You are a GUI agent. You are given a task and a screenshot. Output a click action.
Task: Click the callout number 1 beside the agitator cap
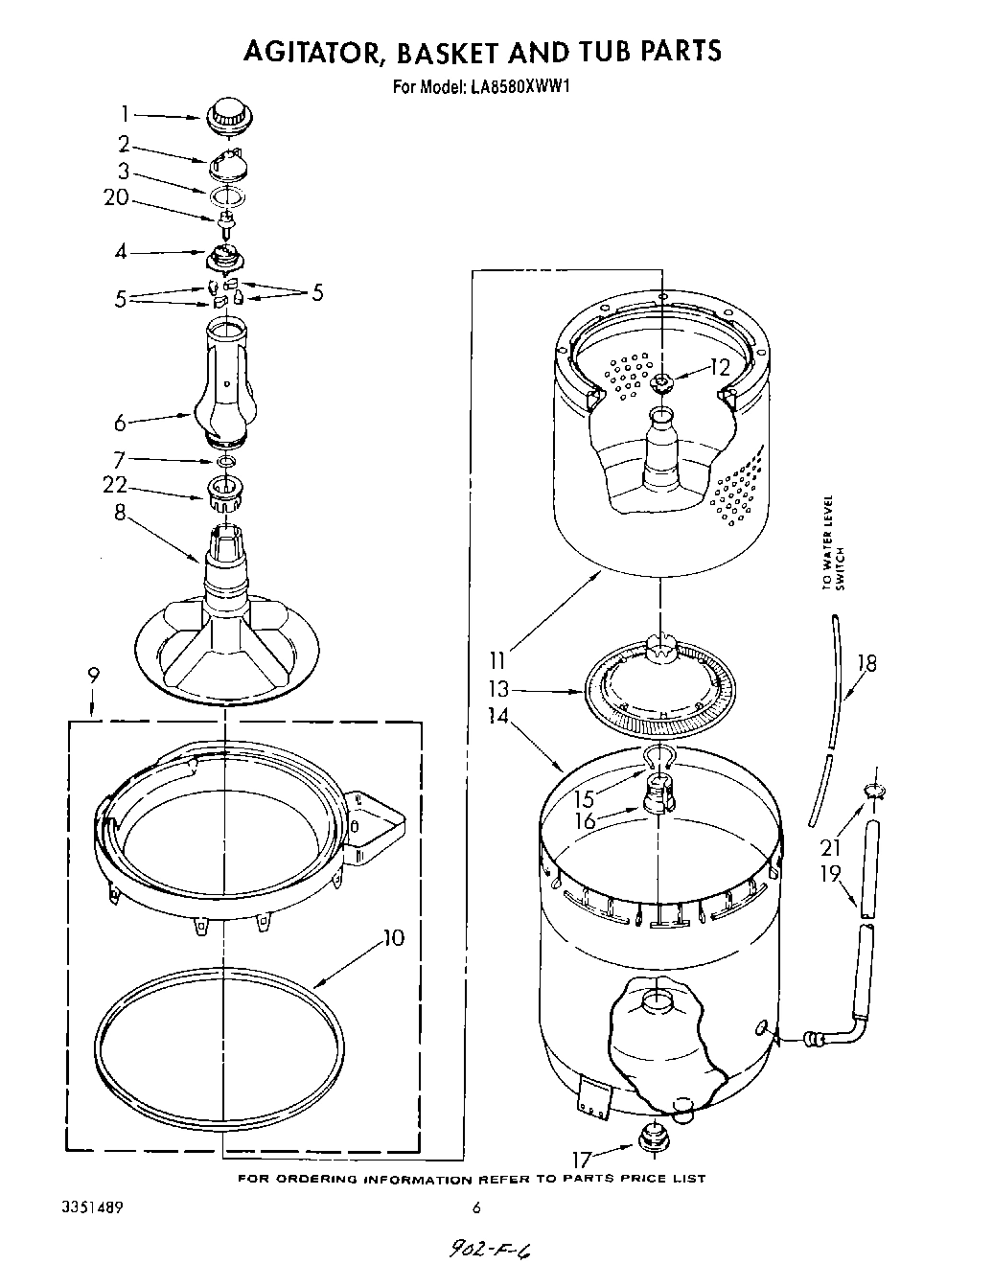[125, 114]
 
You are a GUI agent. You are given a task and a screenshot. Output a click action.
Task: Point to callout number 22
[117, 486]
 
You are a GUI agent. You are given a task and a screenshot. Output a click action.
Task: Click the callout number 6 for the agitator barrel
[120, 421]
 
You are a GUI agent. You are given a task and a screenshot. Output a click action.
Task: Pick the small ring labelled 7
[226, 462]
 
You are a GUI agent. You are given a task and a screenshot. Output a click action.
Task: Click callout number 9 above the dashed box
[93, 675]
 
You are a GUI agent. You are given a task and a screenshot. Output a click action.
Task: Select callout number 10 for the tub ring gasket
[392, 937]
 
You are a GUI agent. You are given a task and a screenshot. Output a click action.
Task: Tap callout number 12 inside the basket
[720, 366]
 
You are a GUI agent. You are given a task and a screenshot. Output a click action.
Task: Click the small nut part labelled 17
[653, 1140]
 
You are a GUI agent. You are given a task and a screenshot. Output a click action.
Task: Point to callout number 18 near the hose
[866, 662]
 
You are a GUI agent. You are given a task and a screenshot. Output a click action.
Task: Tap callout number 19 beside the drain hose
[830, 872]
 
